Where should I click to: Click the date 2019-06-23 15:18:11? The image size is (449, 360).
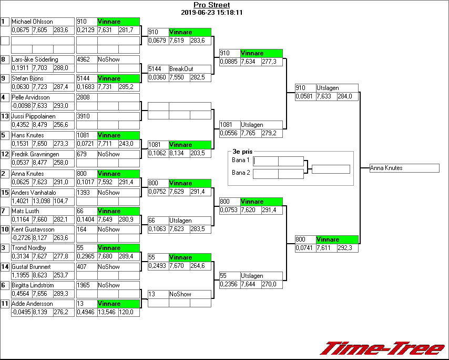click(211, 12)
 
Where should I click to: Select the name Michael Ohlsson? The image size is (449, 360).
click(32, 22)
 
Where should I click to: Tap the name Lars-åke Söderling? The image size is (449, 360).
click(35, 59)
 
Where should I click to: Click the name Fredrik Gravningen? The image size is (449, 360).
click(35, 154)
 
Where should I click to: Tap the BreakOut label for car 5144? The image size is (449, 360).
click(181, 69)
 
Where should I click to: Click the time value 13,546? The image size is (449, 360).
click(107, 312)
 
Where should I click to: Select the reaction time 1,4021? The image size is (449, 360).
click(21, 201)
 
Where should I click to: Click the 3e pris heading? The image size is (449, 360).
click(242, 152)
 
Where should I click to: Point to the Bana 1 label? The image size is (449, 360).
click(240, 160)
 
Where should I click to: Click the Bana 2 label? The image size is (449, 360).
click(240, 173)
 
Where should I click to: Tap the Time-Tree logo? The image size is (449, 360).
click(383, 348)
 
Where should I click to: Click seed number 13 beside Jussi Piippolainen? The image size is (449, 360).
click(5, 116)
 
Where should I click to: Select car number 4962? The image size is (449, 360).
click(84, 59)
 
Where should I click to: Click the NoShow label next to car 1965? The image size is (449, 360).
click(109, 285)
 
